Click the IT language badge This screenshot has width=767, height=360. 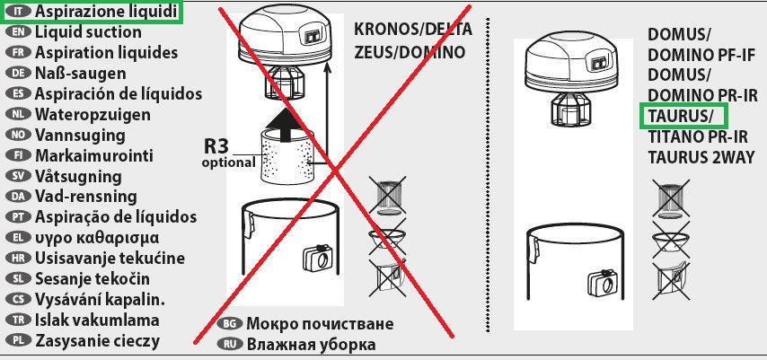(x=19, y=12)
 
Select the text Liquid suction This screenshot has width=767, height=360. (x=88, y=32)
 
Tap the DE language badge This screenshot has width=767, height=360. (x=19, y=74)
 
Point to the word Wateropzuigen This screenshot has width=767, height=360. (x=93, y=114)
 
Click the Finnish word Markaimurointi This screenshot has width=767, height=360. (x=94, y=155)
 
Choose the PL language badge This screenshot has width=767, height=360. (x=19, y=340)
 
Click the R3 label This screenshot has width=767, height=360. (x=216, y=146)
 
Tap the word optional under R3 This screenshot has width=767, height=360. (x=228, y=162)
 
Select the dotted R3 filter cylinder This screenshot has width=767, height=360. (x=287, y=156)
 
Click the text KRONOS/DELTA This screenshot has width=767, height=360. (x=413, y=29)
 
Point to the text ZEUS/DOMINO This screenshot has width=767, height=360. (x=410, y=52)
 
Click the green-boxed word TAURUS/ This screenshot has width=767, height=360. (x=681, y=116)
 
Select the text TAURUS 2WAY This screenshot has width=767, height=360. (x=701, y=157)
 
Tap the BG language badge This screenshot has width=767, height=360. (x=229, y=323)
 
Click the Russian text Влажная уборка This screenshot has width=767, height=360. (x=311, y=344)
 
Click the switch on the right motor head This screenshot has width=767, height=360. (x=600, y=64)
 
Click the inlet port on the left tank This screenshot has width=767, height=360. (x=318, y=258)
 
